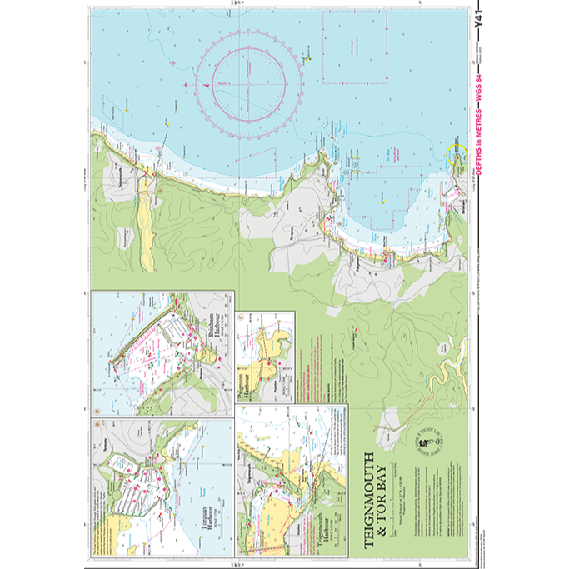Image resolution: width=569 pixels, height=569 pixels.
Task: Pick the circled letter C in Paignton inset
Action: coord(242,317)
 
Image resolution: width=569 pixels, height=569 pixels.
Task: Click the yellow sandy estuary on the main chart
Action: coord(146,225)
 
